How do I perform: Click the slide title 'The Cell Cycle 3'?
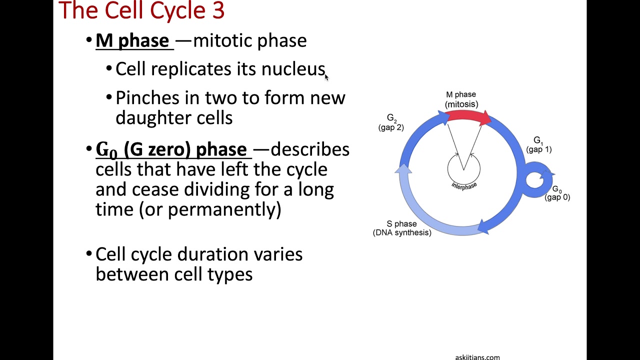141,11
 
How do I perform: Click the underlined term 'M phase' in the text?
132,40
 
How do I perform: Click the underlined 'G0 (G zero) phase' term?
171,149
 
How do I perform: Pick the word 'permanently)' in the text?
224,209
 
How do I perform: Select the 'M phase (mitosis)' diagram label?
461,99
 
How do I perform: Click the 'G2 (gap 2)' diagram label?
391,122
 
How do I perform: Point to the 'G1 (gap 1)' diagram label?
538,144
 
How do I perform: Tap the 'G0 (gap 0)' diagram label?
557,193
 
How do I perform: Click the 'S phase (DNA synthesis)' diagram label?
402,228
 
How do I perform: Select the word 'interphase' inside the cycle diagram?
464,185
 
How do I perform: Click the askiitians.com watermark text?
477,357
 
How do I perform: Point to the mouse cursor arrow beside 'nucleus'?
326,76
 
